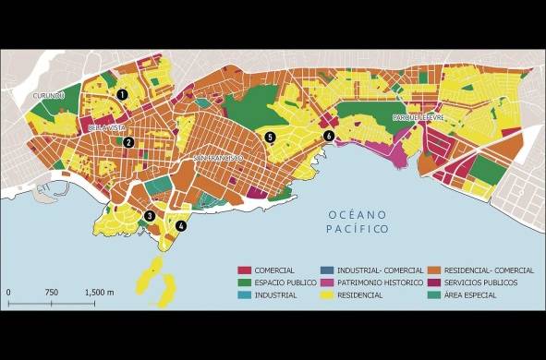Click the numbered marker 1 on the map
pos(121,93)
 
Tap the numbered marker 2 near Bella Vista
pos(129,142)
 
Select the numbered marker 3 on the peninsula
pos(149,216)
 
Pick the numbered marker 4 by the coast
pos(181,225)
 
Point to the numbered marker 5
pos(270,137)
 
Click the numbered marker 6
pos(329,136)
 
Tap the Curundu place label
pos(47,95)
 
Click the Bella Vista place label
pos(105,127)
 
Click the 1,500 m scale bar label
pos(98,292)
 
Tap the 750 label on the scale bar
pos(52,292)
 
